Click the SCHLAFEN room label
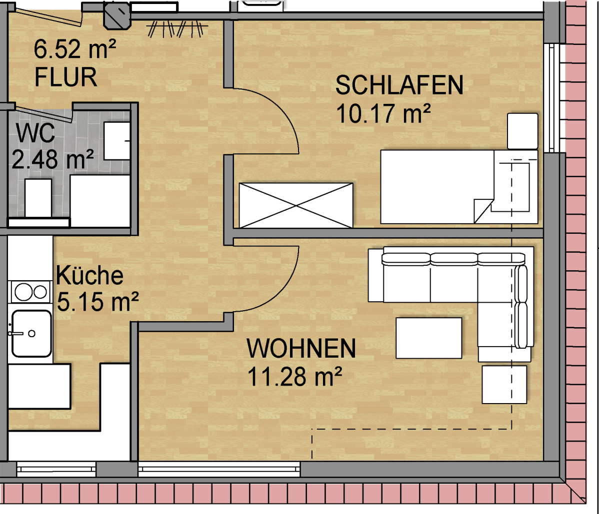(399, 86)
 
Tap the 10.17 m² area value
(384, 114)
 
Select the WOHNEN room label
(301, 348)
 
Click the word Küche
(89, 275)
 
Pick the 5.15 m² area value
(98, 301)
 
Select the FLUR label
(65, 77)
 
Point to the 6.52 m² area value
(75, 50)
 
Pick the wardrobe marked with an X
(296, 205)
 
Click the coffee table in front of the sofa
(429, 338)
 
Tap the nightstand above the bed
(523, 131)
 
